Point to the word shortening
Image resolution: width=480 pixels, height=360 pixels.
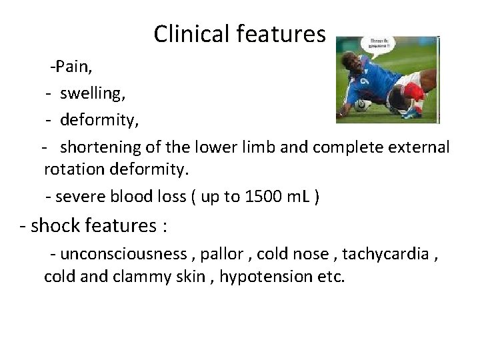100,146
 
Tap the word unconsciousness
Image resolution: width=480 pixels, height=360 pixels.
123,253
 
